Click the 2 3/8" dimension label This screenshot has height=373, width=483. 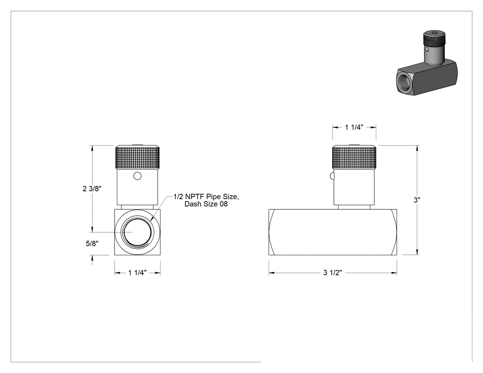click(x=92, y=189)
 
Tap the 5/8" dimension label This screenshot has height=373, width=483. click(x=92, y=244)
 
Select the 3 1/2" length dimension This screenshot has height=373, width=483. click(x=333, y=273)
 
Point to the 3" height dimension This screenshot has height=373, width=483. click(x=417, y=200)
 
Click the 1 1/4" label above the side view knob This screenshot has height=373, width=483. click(x=354, y=127)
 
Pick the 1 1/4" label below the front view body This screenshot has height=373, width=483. click(x=138, y=273)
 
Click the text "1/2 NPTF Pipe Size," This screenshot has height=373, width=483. click(x=206, y=196)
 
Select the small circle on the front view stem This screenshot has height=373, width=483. click(x=138, y=176)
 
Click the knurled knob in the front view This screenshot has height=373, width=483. click(x=138, y=157)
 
